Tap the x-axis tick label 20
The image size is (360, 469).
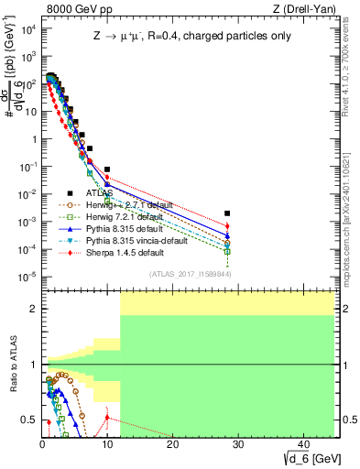point(172,444)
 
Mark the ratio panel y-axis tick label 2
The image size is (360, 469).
point(33,309)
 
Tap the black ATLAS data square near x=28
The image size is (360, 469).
point(227,213)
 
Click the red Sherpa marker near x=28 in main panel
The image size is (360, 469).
point(227,226)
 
